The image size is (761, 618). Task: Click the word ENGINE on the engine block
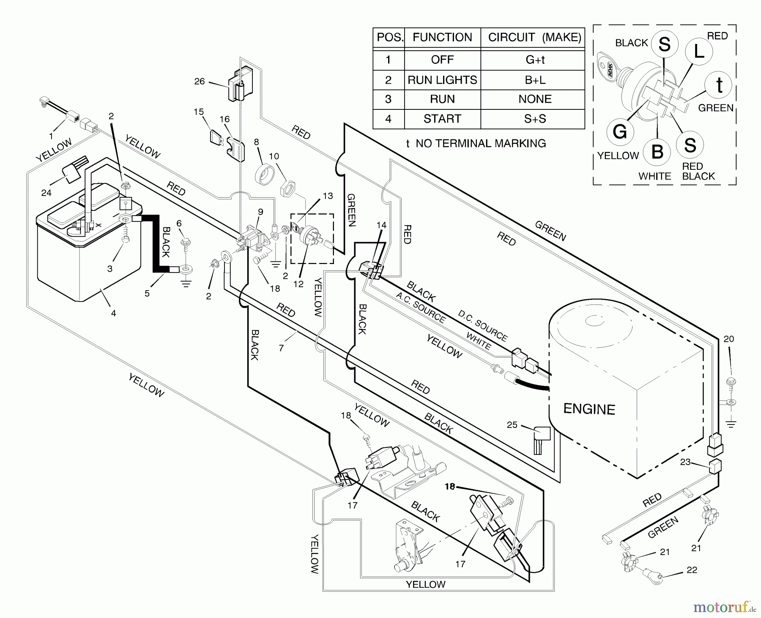tap(589, 409)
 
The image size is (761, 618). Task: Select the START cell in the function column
tap(442, 119)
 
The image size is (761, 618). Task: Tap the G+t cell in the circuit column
tap(535, 60)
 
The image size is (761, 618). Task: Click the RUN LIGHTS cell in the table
tap(442, 80)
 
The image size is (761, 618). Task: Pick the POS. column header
tap(389, 37)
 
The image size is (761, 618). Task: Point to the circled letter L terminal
tap(699, 51)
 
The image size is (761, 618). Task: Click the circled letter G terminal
tap(619, 132)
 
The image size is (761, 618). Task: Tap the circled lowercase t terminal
tap(719, 85)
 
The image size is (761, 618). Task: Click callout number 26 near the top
tap(199, 81)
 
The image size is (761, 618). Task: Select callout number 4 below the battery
tap(113, 313)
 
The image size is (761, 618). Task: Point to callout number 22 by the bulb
tap(692, 570)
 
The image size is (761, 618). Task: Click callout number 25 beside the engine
tap(512, 425)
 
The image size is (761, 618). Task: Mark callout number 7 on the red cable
tap(281, 348)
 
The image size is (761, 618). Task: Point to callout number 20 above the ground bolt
tap(729, 339)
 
